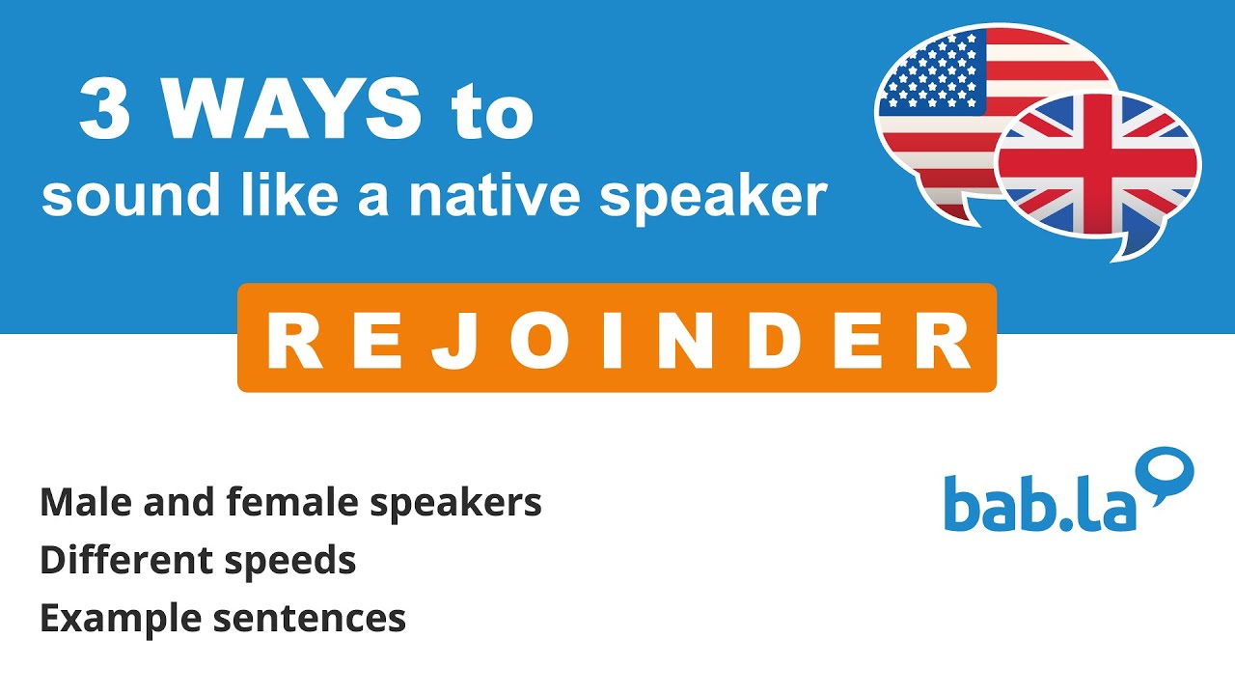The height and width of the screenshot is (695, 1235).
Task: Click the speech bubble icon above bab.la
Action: click(x=1166, y=473)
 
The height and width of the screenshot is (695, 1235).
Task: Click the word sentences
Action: click(x=310, y=619)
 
